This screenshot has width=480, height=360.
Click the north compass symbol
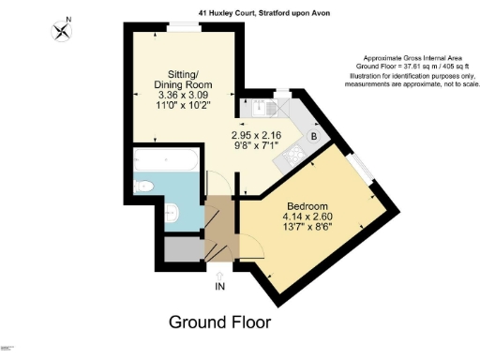click(x=63, y=30)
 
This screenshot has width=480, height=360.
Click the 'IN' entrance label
click(x=219, y=286)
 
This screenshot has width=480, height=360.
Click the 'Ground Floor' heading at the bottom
click(x=219, y=322)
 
